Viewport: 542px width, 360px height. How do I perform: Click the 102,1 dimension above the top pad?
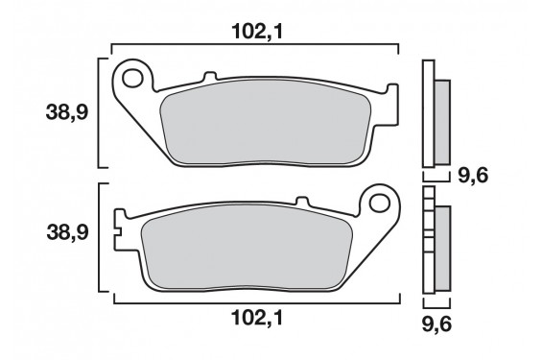[x=254, y=31]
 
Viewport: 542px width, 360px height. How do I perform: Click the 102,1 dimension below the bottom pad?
[x=254, y=318]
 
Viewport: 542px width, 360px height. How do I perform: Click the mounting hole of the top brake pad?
[x=133, y=76]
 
